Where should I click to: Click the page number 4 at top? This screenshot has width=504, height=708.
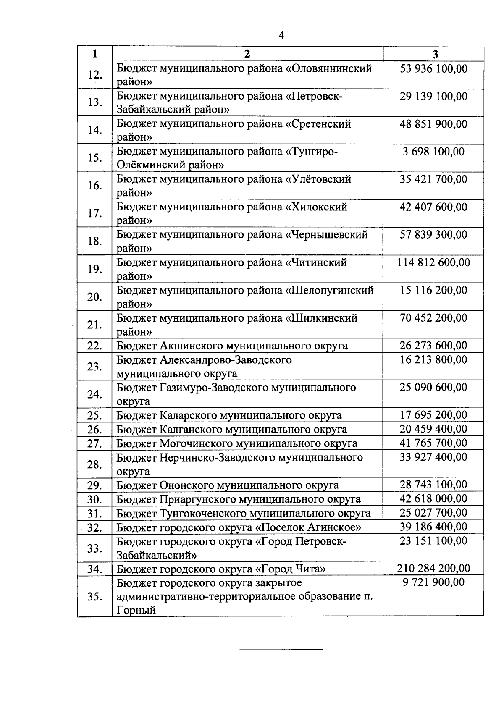point(281,36)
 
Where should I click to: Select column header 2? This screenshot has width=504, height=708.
point(247,54)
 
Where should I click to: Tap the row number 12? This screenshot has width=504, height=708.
point(95,75)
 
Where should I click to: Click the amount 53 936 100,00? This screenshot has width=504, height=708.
point(433,68)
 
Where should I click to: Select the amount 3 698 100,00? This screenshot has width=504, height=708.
point(433,152)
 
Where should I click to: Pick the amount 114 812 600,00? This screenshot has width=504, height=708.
point(433,262)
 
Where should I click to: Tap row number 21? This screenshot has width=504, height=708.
point(95,325)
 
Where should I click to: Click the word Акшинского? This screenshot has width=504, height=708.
point(192,346)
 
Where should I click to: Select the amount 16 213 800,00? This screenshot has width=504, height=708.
point(433,359)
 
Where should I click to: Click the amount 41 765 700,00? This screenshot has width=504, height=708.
point(433,443)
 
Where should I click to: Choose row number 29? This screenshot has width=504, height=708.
point(95,485)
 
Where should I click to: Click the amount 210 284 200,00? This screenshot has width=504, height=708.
point(433,569)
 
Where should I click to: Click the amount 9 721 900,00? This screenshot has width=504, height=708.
point(433,582)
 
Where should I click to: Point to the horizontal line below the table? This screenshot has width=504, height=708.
point(281,650)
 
